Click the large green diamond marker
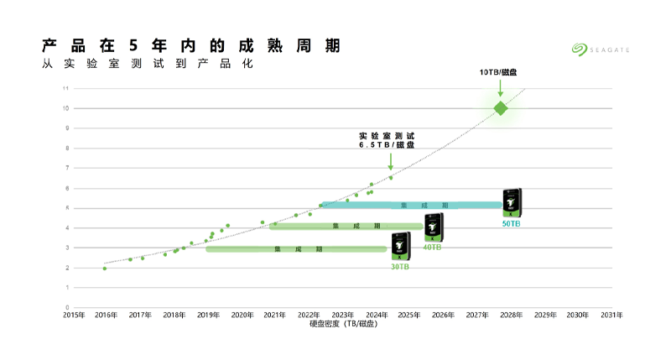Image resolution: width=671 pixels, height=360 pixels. [501, 108]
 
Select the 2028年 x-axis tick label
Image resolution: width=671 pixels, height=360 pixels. [511, 315]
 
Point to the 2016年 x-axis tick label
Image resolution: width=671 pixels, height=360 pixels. [106, 315]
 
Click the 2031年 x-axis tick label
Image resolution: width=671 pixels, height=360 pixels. [612, 315]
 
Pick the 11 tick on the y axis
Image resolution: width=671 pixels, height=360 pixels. [66, 88]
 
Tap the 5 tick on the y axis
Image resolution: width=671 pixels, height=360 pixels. [67, 208]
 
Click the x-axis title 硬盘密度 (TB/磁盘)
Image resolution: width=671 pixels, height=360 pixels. [342, 324]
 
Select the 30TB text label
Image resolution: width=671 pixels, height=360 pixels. [400, 267]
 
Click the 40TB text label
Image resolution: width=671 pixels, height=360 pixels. [432, 247]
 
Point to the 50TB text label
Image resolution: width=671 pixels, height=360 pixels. [512, 223]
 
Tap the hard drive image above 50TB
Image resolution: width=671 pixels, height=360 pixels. [512, 202]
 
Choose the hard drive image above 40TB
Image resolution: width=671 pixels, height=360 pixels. [434, 227]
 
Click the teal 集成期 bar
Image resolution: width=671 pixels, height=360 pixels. [411, 206]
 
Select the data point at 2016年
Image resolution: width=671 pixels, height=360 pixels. [105, 269]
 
